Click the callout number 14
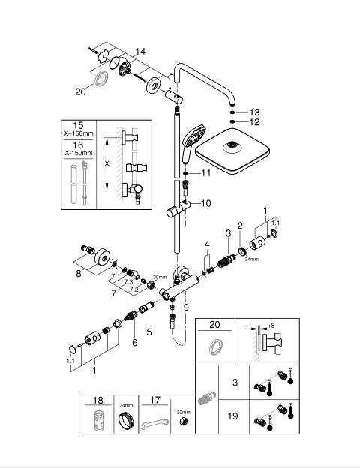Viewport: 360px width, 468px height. (x=140, y=52)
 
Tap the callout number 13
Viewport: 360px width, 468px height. (x=254, y=112)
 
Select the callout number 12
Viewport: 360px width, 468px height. (x=254, y=122)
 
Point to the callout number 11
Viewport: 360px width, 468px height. (x=206, y=172)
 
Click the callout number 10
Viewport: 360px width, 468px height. (x=206, y=203)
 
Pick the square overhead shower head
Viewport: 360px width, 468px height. (x=232, y=151)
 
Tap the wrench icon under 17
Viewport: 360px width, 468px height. (x=154, y=423)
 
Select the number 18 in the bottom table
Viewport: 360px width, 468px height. (x=98, y=400)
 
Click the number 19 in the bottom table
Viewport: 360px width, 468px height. (x=232, y=415)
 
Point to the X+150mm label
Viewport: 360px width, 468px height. (x=79, y=133)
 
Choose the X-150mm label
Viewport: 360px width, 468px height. (x=79, y=153)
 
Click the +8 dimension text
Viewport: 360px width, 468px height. (x=271, y=325)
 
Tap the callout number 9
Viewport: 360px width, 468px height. (x=186, y=307)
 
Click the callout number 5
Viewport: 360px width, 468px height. (x=149, y=331)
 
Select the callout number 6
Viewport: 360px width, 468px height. (x=135, y=343)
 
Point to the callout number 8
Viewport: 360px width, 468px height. (x=79, y=273)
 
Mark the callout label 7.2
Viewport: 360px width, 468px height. (x=134, y=289)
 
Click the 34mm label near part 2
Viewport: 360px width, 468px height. (x=252, y=259)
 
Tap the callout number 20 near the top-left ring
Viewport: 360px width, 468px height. (x=80, y=91)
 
